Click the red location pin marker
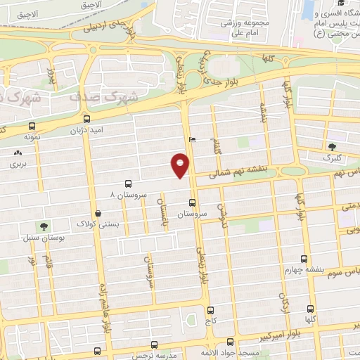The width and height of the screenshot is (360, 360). [180, 166]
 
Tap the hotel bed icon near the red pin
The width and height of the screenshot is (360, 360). [193, 139]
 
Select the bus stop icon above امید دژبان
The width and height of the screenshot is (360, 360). [86, 119]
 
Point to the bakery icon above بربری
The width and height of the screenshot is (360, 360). [16, 153]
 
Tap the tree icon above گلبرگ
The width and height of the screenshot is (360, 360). [333, 146]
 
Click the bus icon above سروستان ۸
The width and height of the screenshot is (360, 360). [127, 181]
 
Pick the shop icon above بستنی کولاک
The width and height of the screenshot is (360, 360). [98, 212]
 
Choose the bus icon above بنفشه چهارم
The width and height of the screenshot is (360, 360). [304, 258]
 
